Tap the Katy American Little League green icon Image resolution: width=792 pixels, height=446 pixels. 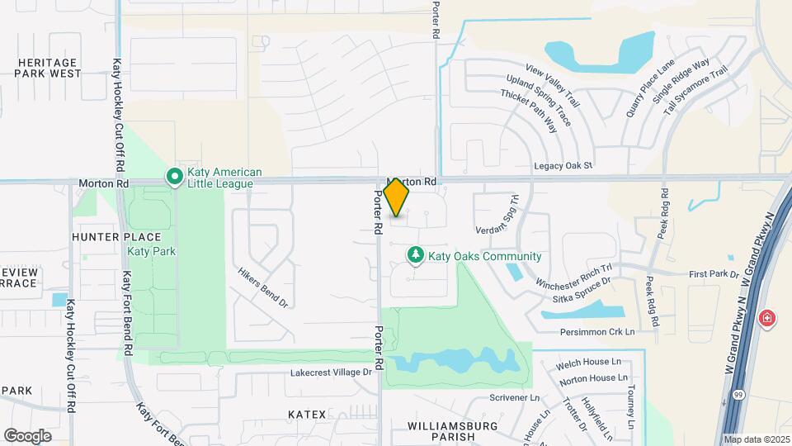175,177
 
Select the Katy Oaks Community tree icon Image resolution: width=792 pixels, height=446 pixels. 417,256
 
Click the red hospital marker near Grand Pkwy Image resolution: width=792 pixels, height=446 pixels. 768,318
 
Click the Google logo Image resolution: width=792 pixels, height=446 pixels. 27,435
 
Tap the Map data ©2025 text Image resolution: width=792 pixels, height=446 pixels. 757,439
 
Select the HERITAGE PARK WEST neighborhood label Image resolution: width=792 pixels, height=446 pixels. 48,68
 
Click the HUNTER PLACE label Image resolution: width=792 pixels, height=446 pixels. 103,236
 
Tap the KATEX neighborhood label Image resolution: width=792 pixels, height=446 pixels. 307,413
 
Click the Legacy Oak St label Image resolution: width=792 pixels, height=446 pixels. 563,166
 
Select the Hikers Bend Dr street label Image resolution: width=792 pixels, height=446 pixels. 262,287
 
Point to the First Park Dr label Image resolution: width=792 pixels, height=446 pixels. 710,273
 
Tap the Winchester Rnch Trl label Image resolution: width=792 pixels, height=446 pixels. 573,276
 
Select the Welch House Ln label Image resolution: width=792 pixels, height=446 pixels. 590,362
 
